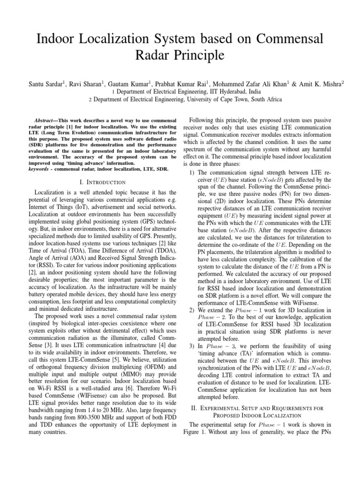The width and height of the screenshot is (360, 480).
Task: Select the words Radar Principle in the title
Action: (x=180, y=55)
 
